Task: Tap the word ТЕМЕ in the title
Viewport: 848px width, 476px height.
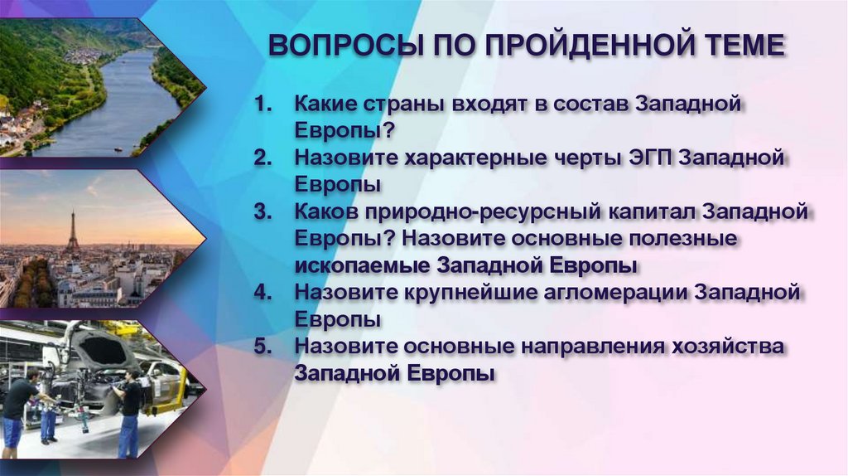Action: [737, 46]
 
